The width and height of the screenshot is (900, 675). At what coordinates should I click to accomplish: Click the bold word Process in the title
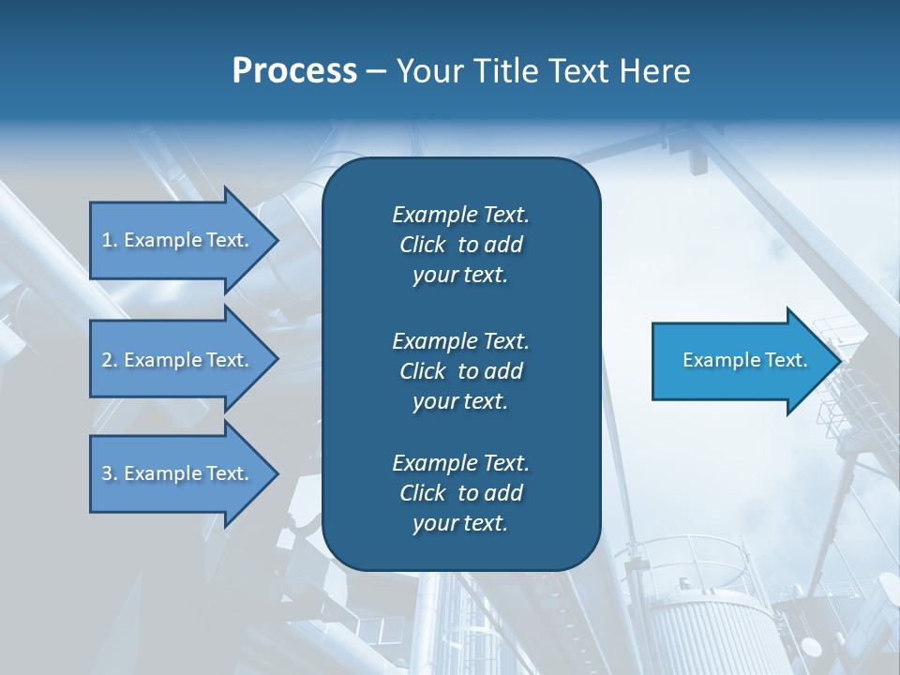point(294,71)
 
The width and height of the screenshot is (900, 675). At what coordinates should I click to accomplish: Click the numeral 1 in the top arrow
point(106,240)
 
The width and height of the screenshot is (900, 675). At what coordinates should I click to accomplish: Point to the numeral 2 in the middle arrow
point(107,360)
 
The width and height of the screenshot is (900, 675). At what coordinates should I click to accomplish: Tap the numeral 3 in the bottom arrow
point(107,473)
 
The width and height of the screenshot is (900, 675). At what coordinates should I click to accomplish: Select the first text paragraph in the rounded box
point(460,245)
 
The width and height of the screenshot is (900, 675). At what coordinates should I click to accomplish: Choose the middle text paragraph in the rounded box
point(460,370)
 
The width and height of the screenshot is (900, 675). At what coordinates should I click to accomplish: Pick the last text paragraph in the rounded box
point(460,493)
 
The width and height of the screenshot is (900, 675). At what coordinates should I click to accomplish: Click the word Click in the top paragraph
point(422,245)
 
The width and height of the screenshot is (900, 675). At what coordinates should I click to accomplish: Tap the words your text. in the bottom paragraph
point(460,523)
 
